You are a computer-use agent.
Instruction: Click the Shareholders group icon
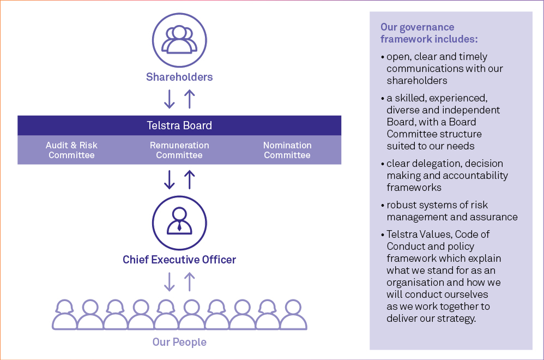click(x=179, y=39)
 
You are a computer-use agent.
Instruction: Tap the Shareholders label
click(x=179, y=77)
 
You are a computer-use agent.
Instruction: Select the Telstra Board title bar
click(x=179, y=126)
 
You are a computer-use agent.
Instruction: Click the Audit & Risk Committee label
click(x=71, y=150)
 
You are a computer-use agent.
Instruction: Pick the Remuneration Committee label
click(x=179, y=150)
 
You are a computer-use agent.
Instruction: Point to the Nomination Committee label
click(x=287, y=150)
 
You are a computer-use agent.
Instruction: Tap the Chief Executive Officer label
click(x=179, y=260)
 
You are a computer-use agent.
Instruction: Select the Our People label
click(x=179, y=343)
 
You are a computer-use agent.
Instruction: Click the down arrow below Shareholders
click(x=170, y=99)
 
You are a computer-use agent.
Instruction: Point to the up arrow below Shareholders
click(x=189, y=99)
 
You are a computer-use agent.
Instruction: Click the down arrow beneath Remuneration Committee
click(x=170, y=179)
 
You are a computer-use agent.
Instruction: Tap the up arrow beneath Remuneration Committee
click(x=189, y=179)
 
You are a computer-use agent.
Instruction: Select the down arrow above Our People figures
click(x=170, y=281)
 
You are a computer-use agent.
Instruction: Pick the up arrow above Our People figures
click(x=189, y=281)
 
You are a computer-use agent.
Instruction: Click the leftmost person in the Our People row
click(x=65, y=315)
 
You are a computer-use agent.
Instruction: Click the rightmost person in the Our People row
click(x=294, y=315)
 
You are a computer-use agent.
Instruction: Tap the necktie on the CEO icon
click(x=179, y=226)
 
